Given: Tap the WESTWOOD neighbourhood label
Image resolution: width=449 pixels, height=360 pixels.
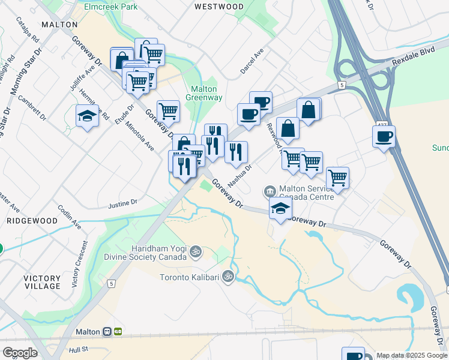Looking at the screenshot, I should tap(219, 7).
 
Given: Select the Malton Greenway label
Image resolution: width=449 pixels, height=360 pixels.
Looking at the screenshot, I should tap(203, 93).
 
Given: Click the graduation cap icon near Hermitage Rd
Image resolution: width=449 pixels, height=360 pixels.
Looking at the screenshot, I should tap(88, 115).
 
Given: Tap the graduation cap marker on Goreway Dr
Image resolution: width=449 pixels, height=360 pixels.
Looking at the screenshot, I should tap(280, 209).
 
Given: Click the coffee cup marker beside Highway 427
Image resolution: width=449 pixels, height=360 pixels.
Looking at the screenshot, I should tap(384, 136).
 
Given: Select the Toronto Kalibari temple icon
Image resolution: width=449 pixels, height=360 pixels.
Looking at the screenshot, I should tap(228, 277).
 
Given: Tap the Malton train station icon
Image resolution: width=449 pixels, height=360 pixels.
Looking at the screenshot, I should tap(107, 331).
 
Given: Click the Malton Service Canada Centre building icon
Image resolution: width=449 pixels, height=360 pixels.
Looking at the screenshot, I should tap(270, 191).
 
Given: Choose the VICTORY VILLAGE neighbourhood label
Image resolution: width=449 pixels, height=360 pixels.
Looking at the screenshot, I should tap(42, 282).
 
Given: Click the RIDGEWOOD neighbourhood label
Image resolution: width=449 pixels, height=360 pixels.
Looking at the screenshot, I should tap(32, 221).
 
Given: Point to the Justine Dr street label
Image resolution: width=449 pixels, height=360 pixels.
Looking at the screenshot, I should tap(123, 204).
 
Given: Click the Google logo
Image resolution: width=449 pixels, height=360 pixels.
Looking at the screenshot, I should tap(20, 353).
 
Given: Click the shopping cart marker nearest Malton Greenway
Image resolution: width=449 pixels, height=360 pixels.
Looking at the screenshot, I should tap(168, 110).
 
